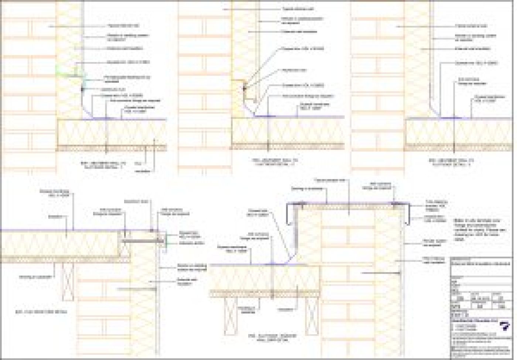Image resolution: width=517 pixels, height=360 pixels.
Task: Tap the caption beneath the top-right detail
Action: click(x=451, y=162)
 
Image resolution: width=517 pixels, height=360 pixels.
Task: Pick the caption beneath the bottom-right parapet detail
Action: click(x=275, y=337)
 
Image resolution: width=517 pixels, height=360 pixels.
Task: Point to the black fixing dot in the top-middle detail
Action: click(x=244, y=88)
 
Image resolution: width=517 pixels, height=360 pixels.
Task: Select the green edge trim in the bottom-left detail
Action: click(x=166, y=239)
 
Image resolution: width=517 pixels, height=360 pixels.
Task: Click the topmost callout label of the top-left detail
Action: click(x=118, y=26)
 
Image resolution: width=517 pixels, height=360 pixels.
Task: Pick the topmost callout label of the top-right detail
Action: click(x=470, y=26)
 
